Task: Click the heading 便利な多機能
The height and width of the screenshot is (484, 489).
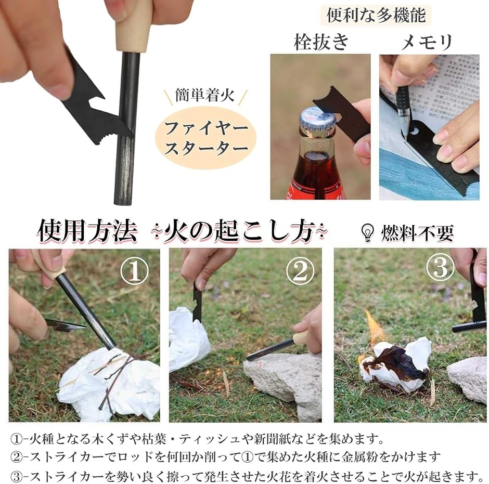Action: [x=376, y=15]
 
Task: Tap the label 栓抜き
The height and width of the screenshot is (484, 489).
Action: [x=321, y=42]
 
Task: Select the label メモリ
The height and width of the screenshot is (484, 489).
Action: [x=427, y=42]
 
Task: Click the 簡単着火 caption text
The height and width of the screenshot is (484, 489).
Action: [x=204, y=95]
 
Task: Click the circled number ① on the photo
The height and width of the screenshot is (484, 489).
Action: [x=135, y=271]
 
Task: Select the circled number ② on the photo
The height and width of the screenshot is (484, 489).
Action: [x=300, y=271]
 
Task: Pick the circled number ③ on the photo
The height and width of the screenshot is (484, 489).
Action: [x=440, y=267]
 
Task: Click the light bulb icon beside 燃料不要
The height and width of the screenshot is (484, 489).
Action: [x=368, y=232]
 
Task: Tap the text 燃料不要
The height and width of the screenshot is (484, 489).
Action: [x=417, y=233]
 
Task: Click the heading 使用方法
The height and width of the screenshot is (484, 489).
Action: [x=87, y=231]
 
